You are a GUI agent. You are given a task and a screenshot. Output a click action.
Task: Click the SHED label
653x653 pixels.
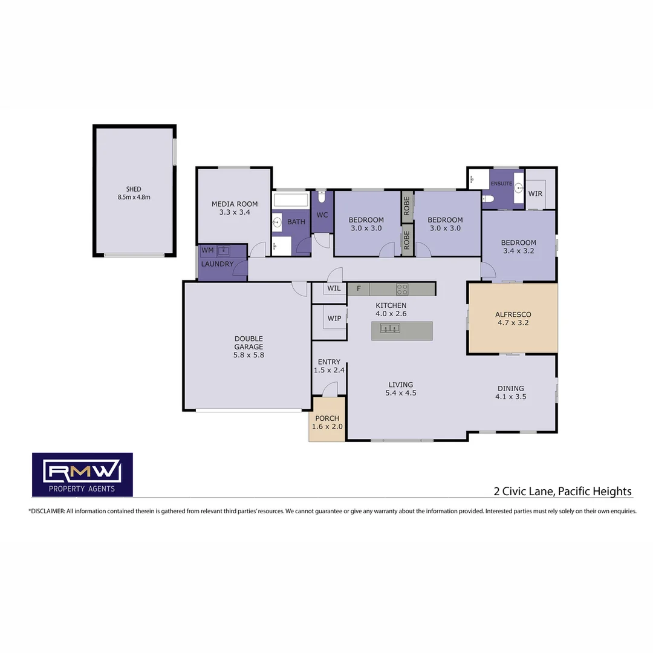tap(134, 189)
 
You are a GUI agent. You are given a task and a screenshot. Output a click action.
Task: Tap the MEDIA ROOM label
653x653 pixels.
tap(234, 204)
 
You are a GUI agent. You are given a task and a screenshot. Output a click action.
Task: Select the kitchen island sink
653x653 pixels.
tap(390, 328)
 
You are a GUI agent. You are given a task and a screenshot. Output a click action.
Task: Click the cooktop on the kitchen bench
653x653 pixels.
tap(401, 289)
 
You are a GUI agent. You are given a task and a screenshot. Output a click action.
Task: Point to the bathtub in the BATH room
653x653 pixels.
tap(291, 200)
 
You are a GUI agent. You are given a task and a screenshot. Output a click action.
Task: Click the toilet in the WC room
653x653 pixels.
tap(322, 197)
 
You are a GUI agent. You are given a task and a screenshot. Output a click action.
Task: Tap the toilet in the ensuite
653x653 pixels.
tap(489, 197)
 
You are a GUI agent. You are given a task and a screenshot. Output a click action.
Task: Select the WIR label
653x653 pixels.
tap(535, 194)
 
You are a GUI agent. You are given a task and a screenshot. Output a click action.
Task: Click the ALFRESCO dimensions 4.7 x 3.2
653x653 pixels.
tap(513, 323)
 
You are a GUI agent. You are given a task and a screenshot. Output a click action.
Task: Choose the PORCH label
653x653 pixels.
tap(327, 418)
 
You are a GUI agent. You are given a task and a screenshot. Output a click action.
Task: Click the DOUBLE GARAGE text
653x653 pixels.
tap(249, 343)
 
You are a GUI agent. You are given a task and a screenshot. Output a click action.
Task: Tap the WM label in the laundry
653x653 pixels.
tap(207, 250)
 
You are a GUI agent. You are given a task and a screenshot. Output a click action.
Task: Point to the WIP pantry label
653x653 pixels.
tap(334, 319)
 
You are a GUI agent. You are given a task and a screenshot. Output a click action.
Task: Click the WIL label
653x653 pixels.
tap(334, 288)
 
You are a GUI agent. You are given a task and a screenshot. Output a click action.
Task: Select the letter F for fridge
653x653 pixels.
tap(359, 288)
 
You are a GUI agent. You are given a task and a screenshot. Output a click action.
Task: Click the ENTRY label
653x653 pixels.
tap(329, 362)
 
